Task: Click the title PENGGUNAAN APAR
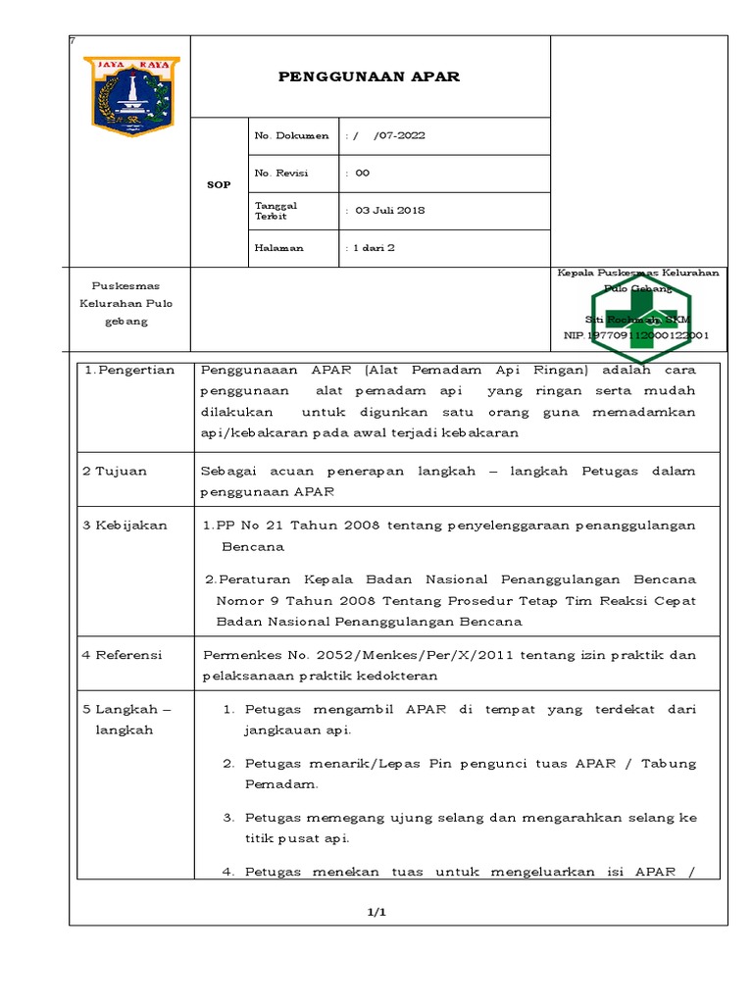click(370, 76)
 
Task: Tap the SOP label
click(219, 184)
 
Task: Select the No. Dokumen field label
click(292, 135)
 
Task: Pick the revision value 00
click(362, 173)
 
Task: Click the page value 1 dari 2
click(374, 248)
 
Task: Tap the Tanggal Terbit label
click(276, 210)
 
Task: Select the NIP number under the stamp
click(635, 335)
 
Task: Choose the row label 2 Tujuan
click(115, 471)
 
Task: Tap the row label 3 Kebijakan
click(125, 525)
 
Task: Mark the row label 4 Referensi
click(123, 654)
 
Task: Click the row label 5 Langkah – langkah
click(126, 719)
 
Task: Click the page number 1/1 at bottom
click(377, 912)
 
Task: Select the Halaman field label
click(279, 248)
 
